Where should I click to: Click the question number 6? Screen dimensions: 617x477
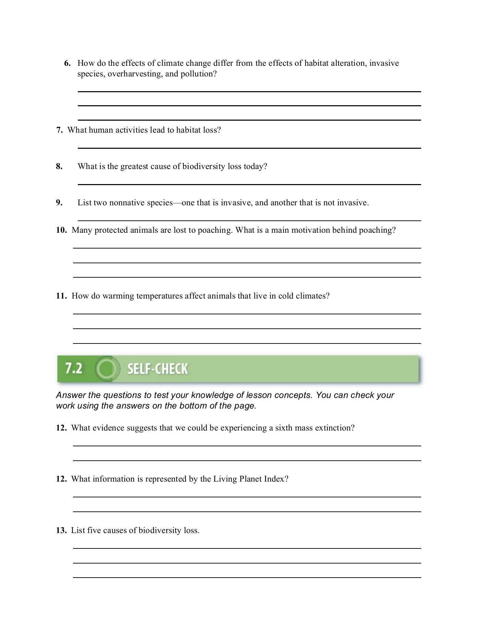(67, 63)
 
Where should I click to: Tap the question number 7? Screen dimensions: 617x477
(59, 130)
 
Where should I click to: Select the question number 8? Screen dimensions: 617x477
(59, 167)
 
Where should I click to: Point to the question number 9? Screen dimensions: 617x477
(59, 203)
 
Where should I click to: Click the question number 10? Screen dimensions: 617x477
(61, 230)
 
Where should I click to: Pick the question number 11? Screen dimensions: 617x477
(61, 296)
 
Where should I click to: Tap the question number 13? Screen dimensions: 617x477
(61, 531)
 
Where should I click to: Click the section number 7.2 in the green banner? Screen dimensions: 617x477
(74, 368)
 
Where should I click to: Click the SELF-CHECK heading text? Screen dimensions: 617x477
(157, 369)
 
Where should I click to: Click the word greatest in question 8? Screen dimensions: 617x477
(134, 167)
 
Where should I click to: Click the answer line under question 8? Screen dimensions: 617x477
(249, 184)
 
